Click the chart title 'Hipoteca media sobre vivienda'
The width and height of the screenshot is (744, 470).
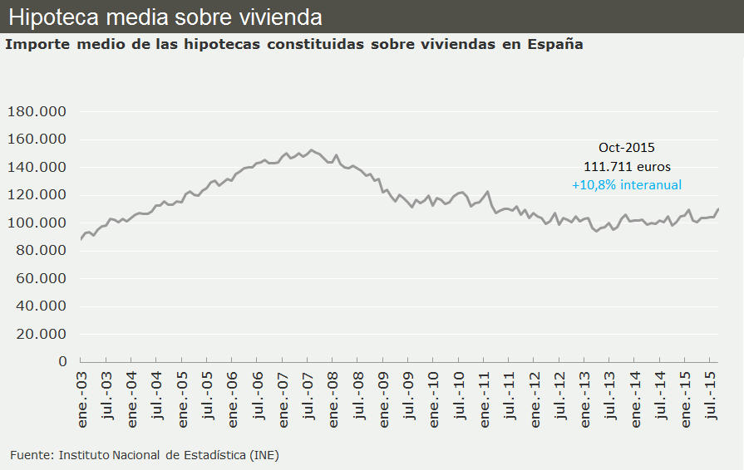point(165,17)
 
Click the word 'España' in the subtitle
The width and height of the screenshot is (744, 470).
point(554,44)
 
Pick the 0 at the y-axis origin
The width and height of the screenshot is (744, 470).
point(62,361)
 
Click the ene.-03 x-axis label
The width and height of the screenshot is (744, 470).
point(82,400)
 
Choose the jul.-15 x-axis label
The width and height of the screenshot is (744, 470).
point(712,400)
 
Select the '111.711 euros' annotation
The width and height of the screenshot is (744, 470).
point(627,166)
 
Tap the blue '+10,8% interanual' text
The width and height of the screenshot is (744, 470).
point(627,185)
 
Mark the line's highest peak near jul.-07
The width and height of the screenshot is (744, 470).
point(312,150)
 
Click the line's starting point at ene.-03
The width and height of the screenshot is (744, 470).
point(81,239)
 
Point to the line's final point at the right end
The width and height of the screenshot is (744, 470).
point(718,208)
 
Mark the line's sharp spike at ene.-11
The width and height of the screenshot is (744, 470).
point(488,192)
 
